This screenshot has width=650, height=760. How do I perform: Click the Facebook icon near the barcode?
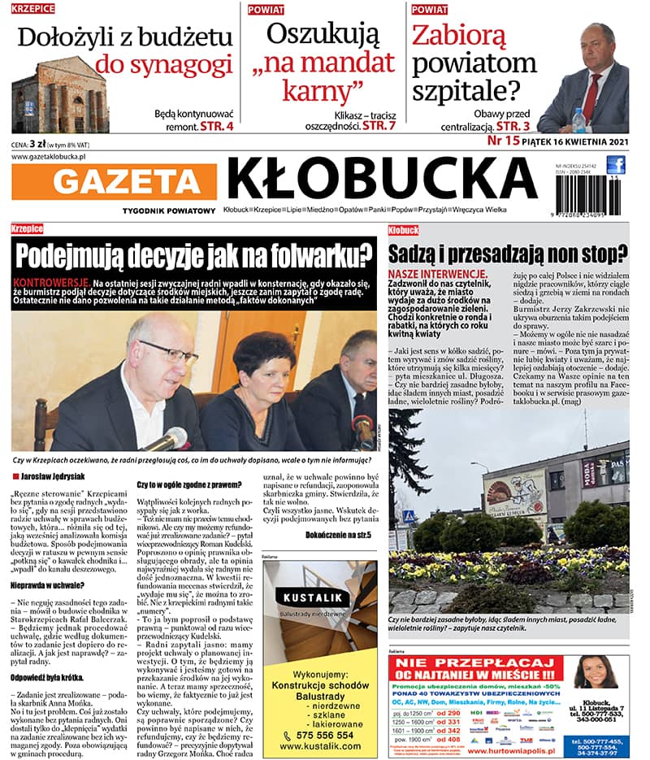click(x=616, y=166)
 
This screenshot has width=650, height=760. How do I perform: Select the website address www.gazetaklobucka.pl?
click(x=50, y=155)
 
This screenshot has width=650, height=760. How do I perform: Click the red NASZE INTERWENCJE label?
click(x=438, y=275)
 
